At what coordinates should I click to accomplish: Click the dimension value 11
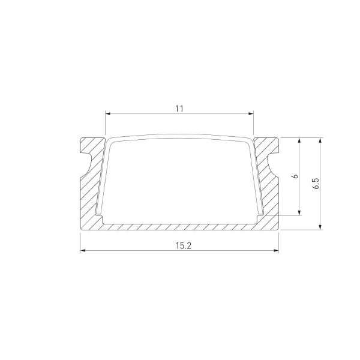[179, 108]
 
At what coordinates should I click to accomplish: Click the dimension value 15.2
[179, 245]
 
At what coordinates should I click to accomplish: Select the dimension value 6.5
[316, 183]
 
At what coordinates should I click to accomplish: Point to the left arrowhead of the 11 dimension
[108, 114]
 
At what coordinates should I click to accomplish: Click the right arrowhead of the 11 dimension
[251, 114]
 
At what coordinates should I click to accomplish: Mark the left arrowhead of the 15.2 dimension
[83, 251]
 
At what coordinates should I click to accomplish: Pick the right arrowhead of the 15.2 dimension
[277, 251]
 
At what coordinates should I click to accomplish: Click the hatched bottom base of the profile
[180, 227]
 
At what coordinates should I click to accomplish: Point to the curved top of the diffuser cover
[180, 136]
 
